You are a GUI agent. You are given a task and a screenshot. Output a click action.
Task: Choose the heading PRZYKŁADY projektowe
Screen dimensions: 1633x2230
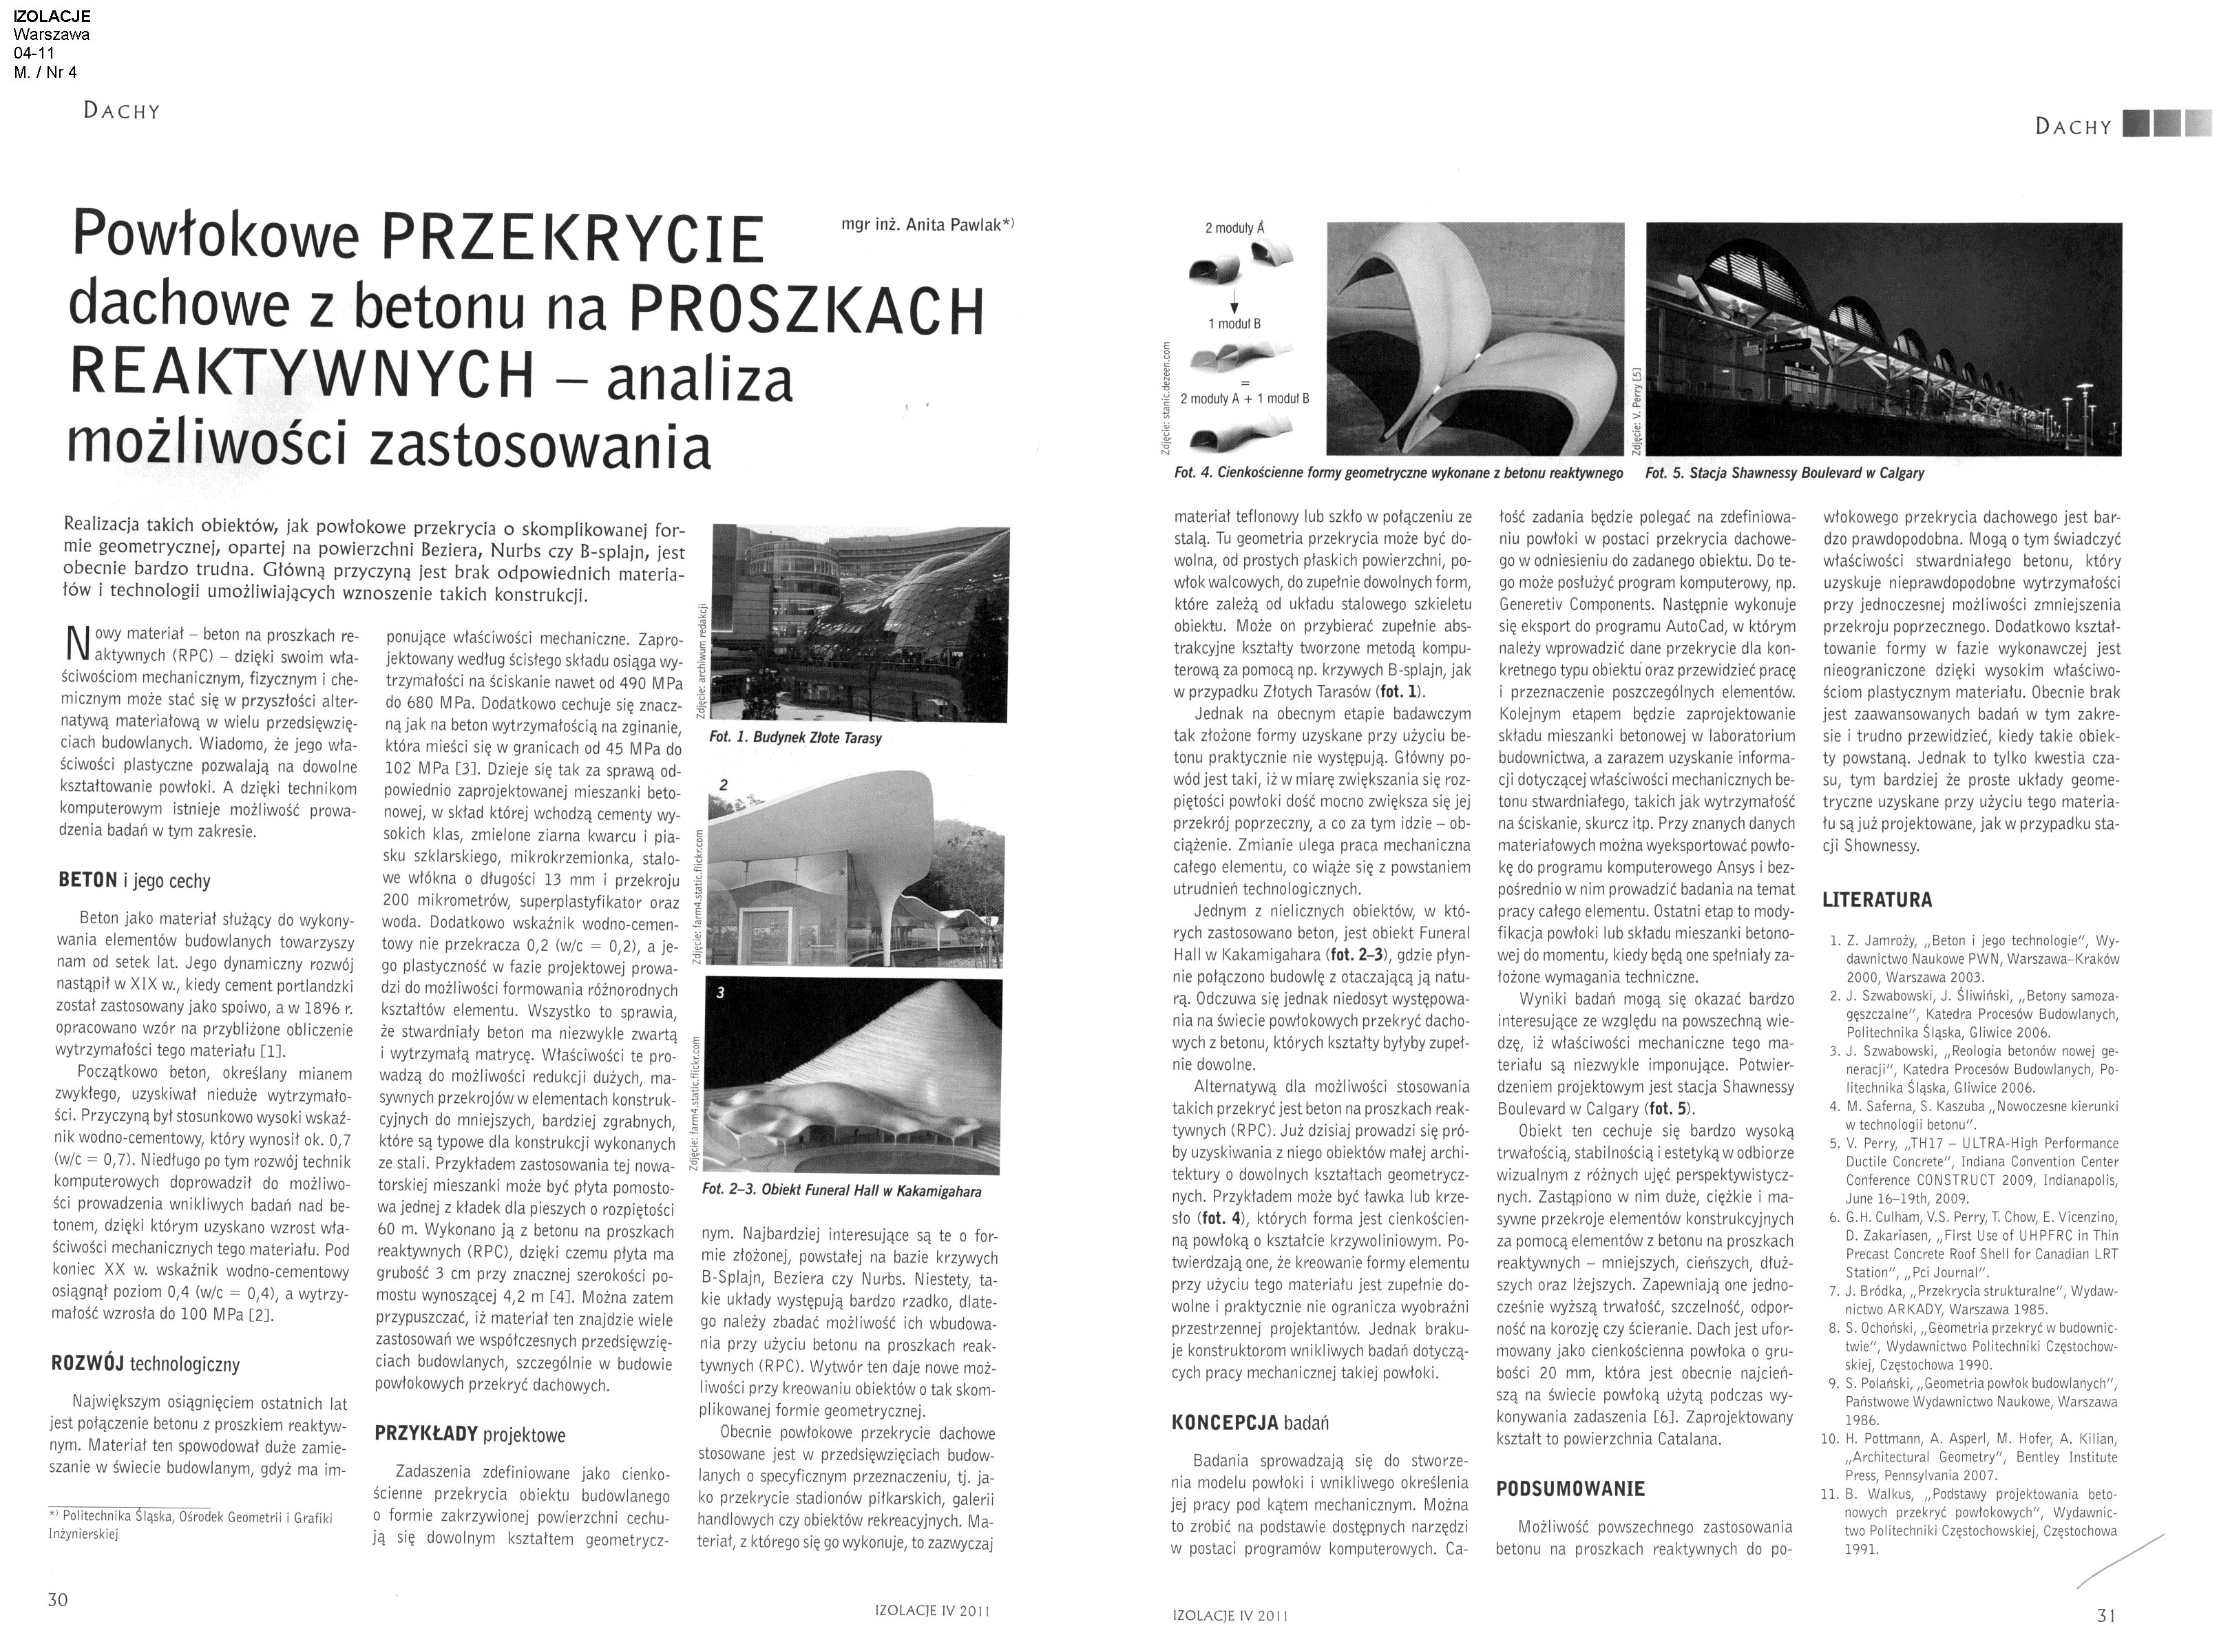coord(470,1433)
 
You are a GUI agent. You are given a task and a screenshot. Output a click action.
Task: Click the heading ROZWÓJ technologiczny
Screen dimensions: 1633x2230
coord(145,1364)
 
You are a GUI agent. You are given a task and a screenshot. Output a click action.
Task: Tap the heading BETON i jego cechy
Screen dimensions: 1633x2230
coord(134,881)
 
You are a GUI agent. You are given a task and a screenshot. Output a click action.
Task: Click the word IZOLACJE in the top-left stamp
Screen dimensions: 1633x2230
coord(52,16)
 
